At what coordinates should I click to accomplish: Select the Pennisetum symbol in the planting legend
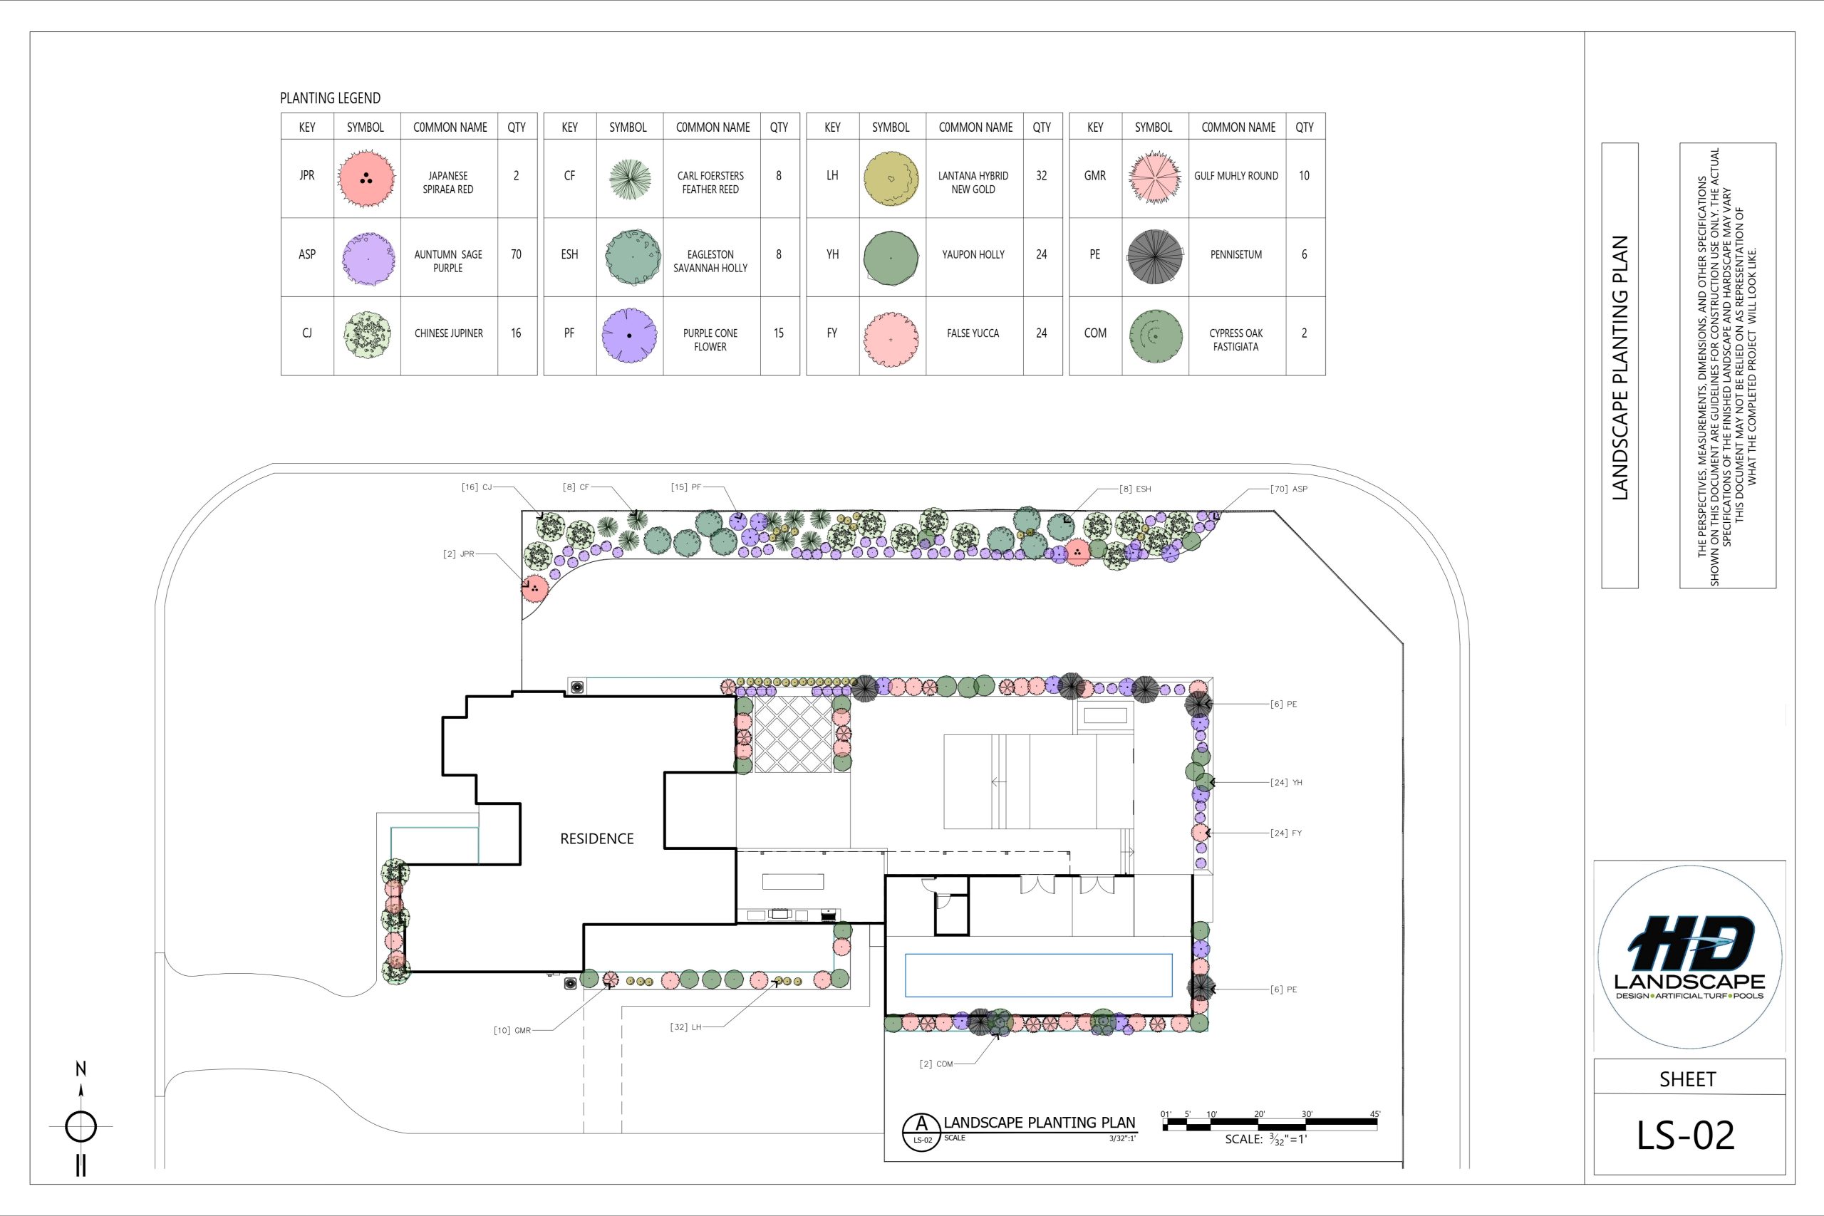(1155, 256)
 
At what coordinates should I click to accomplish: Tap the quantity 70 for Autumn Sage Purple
(516, 254)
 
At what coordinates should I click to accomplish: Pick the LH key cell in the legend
(832, 176)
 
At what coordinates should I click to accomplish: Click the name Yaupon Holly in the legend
(973, 254)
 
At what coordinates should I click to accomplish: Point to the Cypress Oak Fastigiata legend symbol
(1156, 336)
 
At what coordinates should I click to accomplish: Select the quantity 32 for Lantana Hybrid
(1042, 176)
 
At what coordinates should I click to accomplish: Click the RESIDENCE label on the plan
(597, 838)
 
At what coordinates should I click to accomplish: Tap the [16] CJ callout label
(476, 487)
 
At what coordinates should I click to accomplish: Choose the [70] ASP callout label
(1289, 489)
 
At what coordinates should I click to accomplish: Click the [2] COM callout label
(936, 1064)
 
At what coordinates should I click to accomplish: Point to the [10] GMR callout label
(512, 1031)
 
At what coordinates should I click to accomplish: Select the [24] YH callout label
(1286, 782)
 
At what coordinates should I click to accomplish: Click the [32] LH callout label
(685, 1027)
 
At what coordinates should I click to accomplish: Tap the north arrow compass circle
(81, 1126)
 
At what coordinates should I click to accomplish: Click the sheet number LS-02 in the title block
(1685, 1136)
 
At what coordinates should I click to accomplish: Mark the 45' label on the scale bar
(1375, 1114)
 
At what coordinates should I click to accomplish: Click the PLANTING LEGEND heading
(331, 98)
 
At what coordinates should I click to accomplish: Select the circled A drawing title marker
(922, 1132)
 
